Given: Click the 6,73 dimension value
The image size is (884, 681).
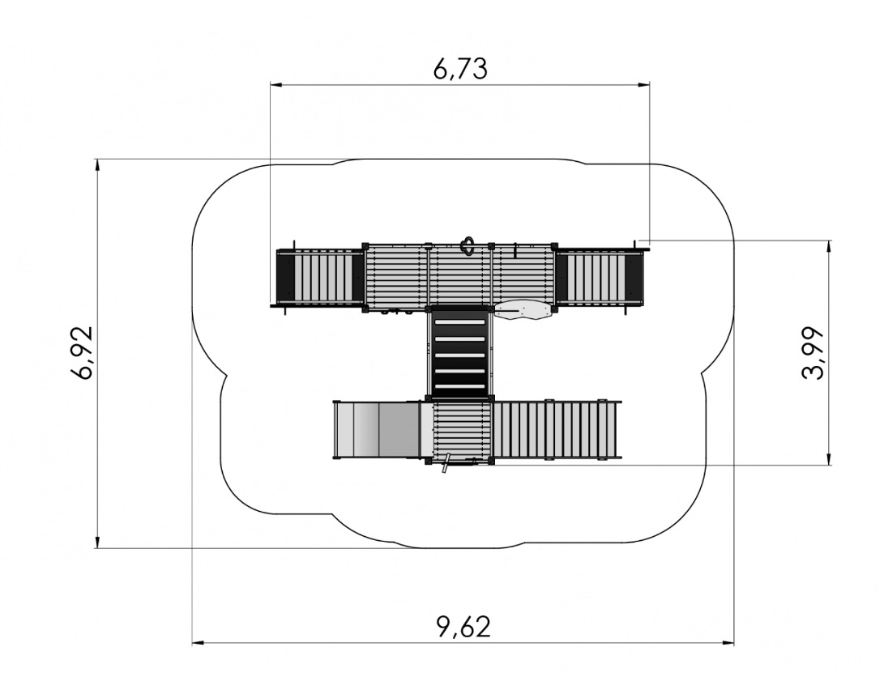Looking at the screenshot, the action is [460, 68].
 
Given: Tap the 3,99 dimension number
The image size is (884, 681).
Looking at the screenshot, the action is [812, 353].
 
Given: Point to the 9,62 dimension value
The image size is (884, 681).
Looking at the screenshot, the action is [464, 627].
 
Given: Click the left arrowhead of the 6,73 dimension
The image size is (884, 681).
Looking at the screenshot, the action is [275, 85].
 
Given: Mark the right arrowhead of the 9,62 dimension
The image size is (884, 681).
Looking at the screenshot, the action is [728, 643].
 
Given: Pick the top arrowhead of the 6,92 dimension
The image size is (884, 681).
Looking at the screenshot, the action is [97, 165].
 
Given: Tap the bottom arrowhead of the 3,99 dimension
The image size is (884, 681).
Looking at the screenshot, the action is [829, 459].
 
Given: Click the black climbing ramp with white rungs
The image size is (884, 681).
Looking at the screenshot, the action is [460, 353].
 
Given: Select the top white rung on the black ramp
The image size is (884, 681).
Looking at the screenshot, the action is [460, 321].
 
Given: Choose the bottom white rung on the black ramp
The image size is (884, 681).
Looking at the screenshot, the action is [460, 387].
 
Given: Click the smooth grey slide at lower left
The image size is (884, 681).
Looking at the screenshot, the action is [377, 430].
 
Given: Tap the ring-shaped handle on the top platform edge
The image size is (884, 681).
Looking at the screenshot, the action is [467, 245].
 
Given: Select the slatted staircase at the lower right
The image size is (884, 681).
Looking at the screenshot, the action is [557, 431].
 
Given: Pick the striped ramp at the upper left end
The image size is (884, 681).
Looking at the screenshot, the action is [319, 278].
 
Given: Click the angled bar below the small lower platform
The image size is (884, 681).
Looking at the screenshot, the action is [446, 463].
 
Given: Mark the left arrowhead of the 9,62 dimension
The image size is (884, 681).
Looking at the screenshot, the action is [198, 643].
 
